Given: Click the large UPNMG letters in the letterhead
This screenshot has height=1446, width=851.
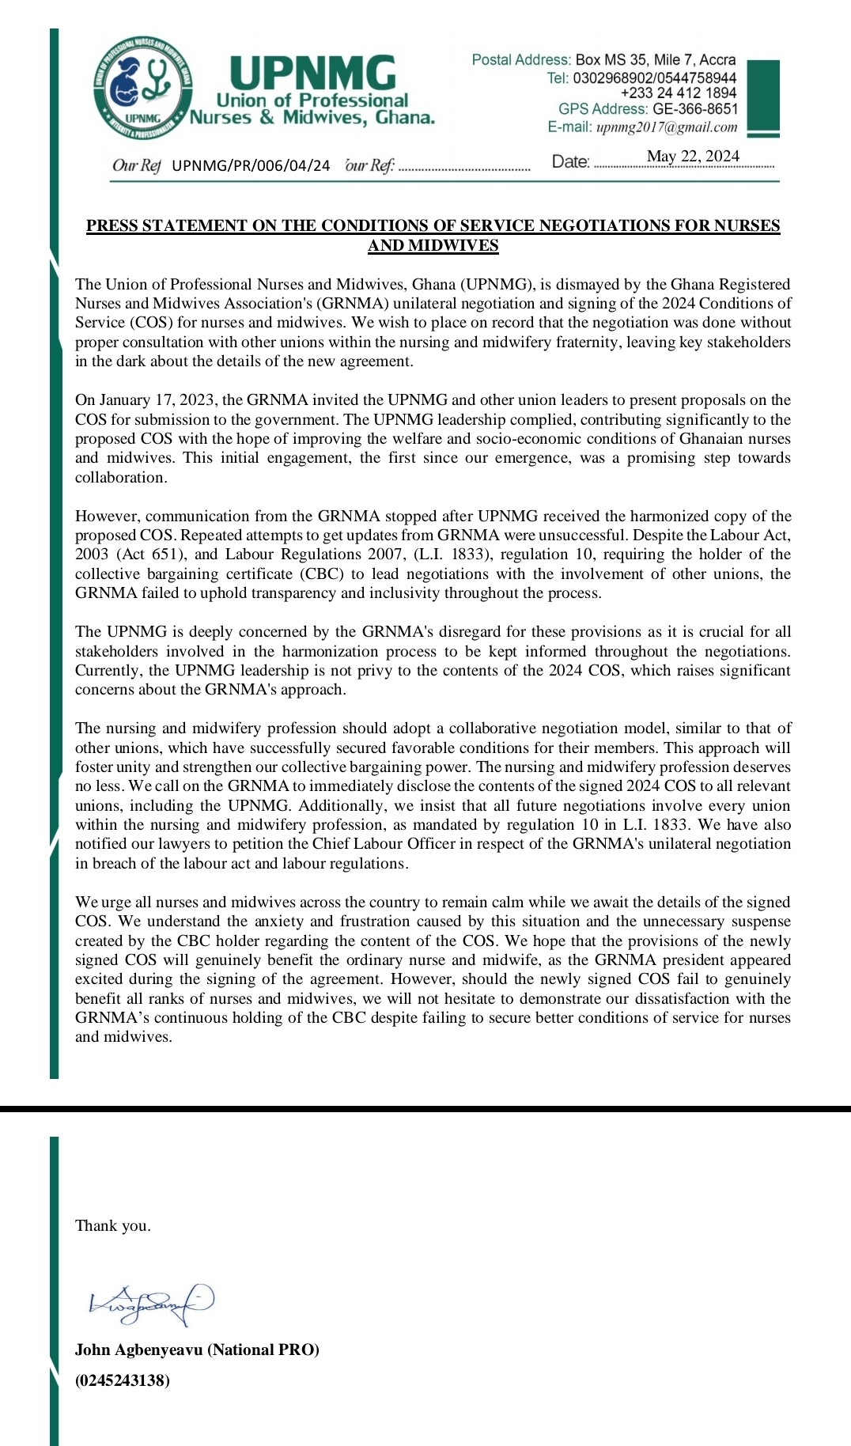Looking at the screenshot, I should (312, 73).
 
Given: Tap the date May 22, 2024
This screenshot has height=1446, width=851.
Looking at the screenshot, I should (693, 157).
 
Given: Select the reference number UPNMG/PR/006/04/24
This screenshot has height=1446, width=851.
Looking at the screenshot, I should (251, 165).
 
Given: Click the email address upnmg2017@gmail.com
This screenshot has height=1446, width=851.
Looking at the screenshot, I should (666, 127).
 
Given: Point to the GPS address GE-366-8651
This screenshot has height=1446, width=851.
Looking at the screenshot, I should (694, 109).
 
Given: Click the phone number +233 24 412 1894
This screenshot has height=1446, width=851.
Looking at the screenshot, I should (678, 93).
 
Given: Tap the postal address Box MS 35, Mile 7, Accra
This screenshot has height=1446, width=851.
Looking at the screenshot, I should (655, 59).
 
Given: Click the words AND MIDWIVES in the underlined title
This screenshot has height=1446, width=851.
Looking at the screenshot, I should (433, 245).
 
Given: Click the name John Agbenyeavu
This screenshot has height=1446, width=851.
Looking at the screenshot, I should (138, 1350).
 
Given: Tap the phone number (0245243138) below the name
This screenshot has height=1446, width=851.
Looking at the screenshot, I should (122, 1380).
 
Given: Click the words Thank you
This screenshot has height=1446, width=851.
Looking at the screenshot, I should (112, 1226).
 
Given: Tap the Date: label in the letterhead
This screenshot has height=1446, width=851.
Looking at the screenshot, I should (570, 162).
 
